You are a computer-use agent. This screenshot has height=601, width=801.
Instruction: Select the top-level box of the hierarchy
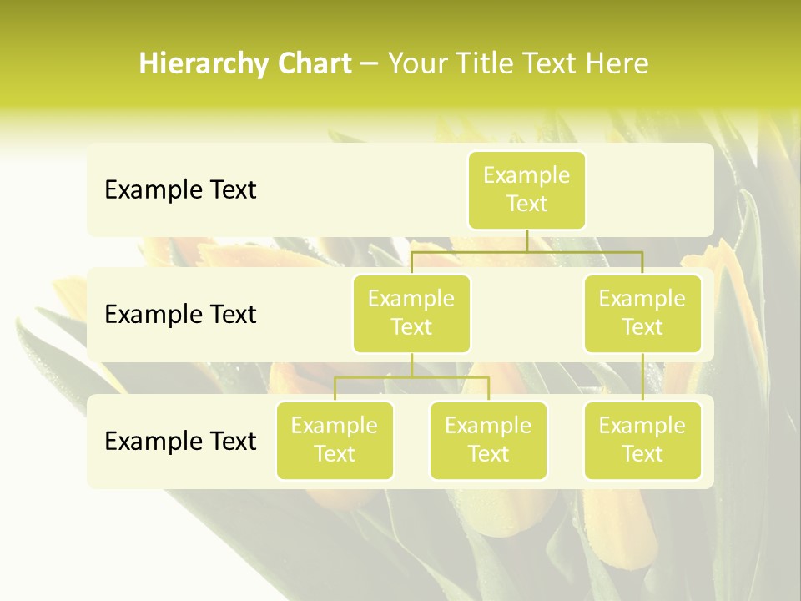click(526, 189)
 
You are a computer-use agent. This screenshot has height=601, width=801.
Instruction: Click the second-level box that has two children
click(411, 313)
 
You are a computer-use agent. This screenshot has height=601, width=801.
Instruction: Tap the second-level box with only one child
click(642, 313)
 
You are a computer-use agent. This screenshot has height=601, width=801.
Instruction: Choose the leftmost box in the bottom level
click(335, 440)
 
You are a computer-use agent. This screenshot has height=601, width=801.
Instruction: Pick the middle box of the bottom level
click(488, 440)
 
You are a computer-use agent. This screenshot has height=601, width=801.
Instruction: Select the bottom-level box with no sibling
click(642, 440)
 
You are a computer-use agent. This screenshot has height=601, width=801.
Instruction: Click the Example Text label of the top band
click(180, 190)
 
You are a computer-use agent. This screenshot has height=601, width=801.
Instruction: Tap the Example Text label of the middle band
click(180, 315)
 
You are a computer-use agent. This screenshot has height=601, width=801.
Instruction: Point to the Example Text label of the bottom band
click(180, 441)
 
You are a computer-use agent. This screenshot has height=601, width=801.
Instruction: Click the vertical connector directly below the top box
click(526, 240)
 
